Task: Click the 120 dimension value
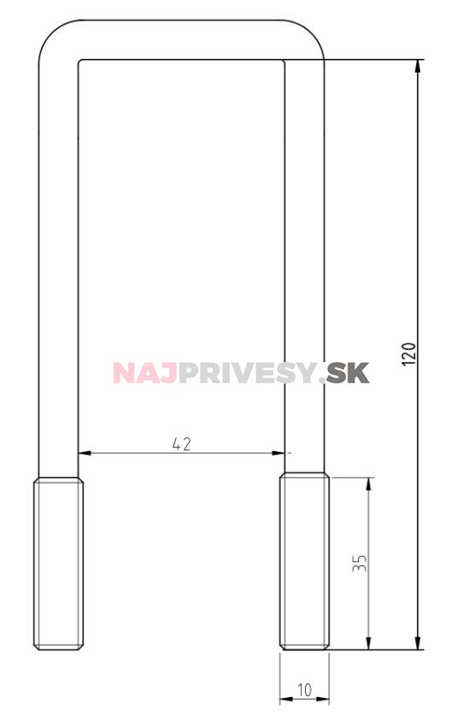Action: coord(408,354)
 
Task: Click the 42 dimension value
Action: coord(181,443)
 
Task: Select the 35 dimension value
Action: coord(360,563)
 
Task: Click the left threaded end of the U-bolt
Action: coord(58,564)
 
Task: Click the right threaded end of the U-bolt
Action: coord(304,564)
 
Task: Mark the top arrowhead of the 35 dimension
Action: coord(368,483)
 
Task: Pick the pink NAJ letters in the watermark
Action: coord(144,372)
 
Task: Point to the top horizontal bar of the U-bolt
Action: coord(181,39)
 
